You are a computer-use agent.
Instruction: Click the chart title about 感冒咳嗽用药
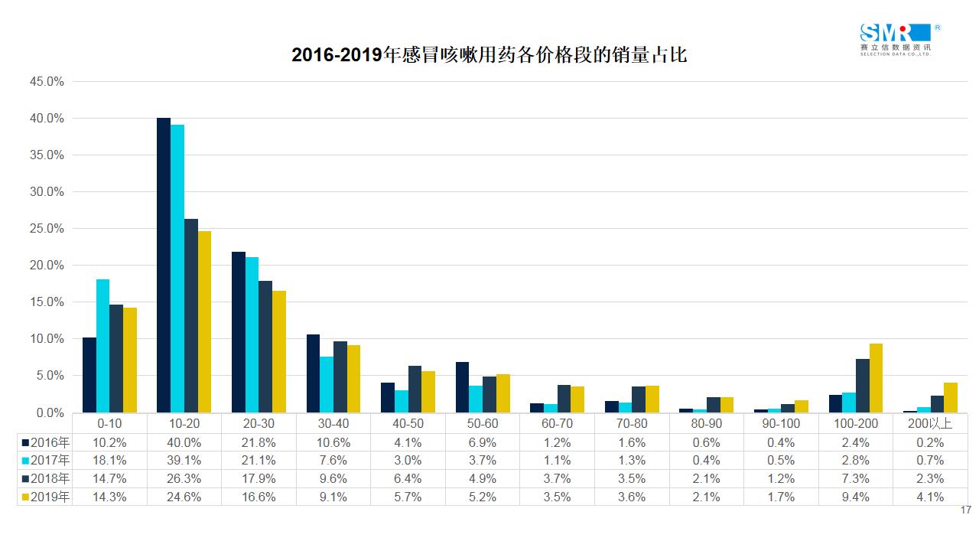(x=489, y=55)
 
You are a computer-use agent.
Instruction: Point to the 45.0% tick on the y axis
(x=46, y=81)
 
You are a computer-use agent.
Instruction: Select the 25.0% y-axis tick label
(x=46, y=229)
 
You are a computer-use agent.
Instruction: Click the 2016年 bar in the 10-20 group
(x=164, y=266)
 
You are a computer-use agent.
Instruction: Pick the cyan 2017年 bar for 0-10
(x=102, y=346)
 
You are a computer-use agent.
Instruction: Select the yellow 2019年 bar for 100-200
(x=876, y=378)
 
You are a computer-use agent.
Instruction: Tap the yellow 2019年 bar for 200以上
(x=950, y=397)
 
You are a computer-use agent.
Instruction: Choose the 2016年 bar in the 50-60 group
(x=462, y=387)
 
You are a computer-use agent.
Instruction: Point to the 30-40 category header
(x=333, y=423)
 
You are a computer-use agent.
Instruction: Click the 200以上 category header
(x=929, y=423)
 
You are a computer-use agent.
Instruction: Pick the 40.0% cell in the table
(x=184, y=442)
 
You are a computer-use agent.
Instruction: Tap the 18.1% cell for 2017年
(x=109, y=460)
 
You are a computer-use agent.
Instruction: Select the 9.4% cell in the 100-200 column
(x=854, y=497)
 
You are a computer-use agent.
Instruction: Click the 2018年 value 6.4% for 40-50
(x=407, y=478)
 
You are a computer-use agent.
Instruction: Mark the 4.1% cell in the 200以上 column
(x=929, y=497)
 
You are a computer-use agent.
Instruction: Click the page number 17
(x=965, y=510)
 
